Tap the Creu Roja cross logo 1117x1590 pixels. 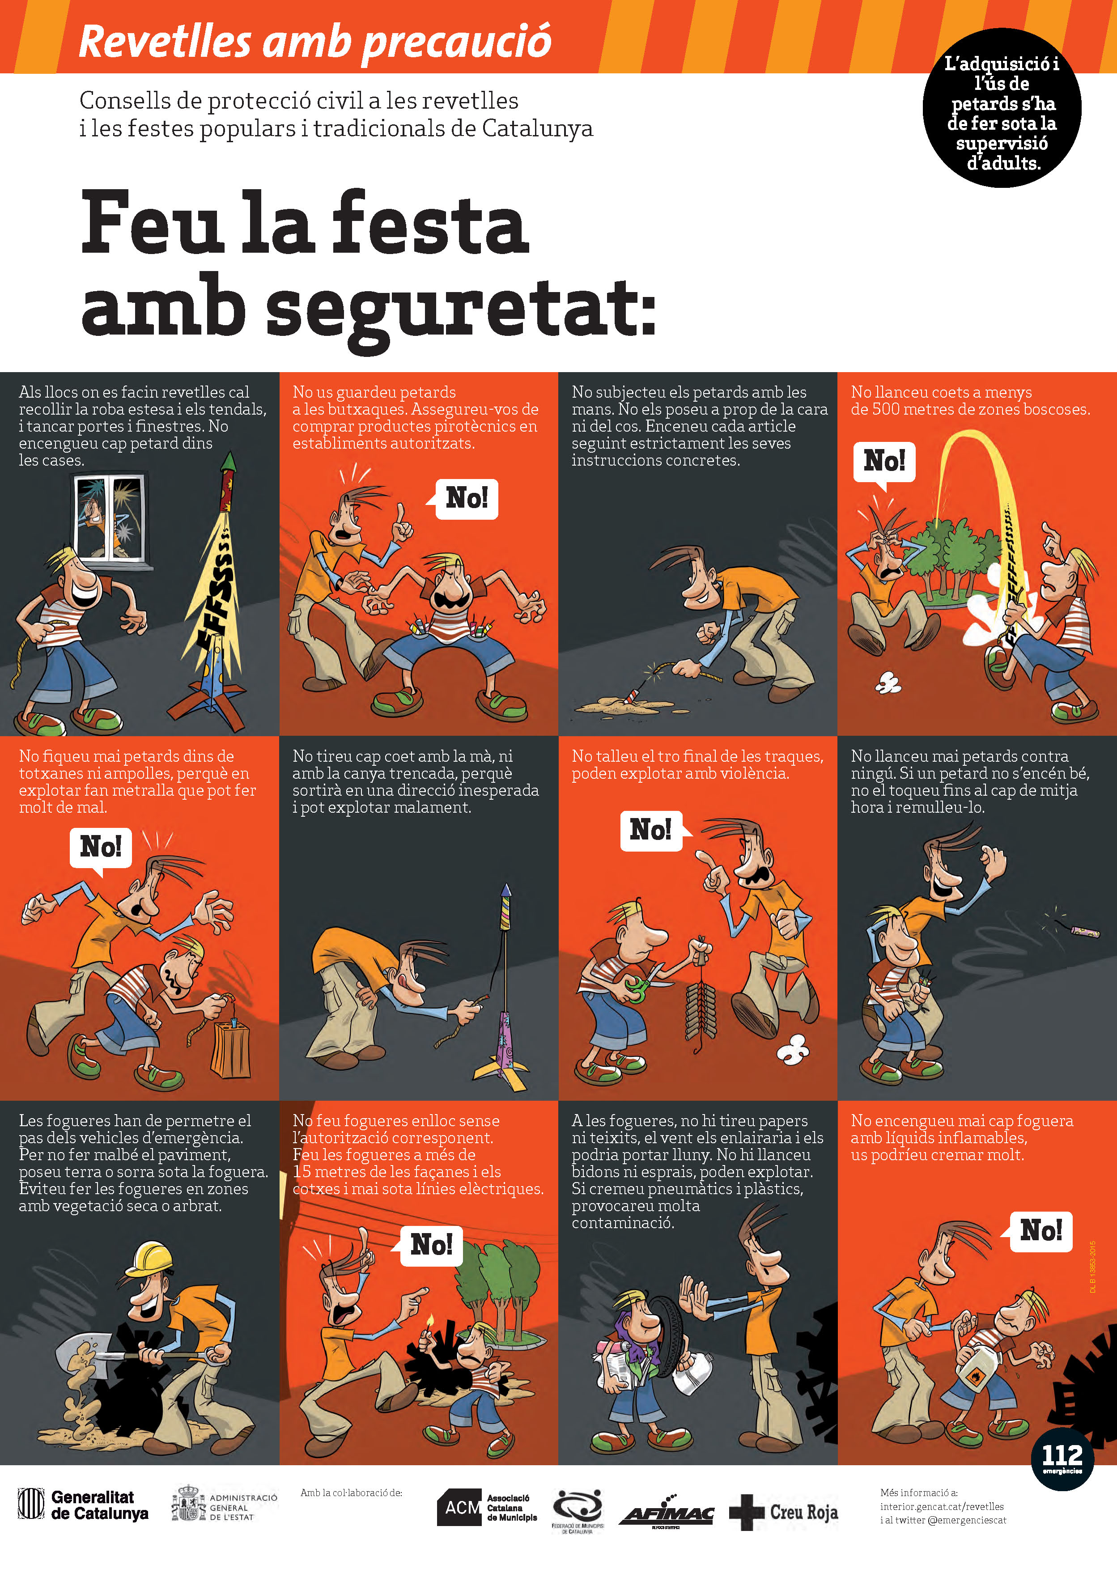[747, 1513]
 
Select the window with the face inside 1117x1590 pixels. [110, 517]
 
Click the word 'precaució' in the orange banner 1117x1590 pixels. [457, 42]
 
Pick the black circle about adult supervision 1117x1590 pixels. [1002, 107]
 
